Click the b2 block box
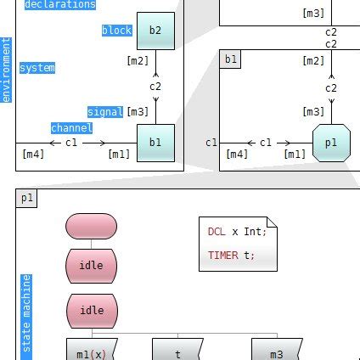pyautogui.click(x=155, y=31)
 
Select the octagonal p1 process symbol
pyautogui.click(x=331, y=143)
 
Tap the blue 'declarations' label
pyautogui.click(x=59, y=4)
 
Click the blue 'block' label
pyautogui.click(x=117, y=31)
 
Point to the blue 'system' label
pyautogui.click(x=37, y=68)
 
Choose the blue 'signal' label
pyautogui.click(x=105, y=112)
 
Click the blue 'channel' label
pyautogui.click(x=71, y=128)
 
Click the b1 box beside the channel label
pyautogui.click(x=155, y=143)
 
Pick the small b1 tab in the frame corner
pyautogui.click(x=230, y=59)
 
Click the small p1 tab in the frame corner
pyautogui.click(x=27, y=198)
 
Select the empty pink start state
pyautogui.click(x=91, y=227)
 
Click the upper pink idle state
pyautogui.click(x=91, y=266)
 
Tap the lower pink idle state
pyautogui.click(x=91, y=311)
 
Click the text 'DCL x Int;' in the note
pyautogui.click(x=237, y=231)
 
